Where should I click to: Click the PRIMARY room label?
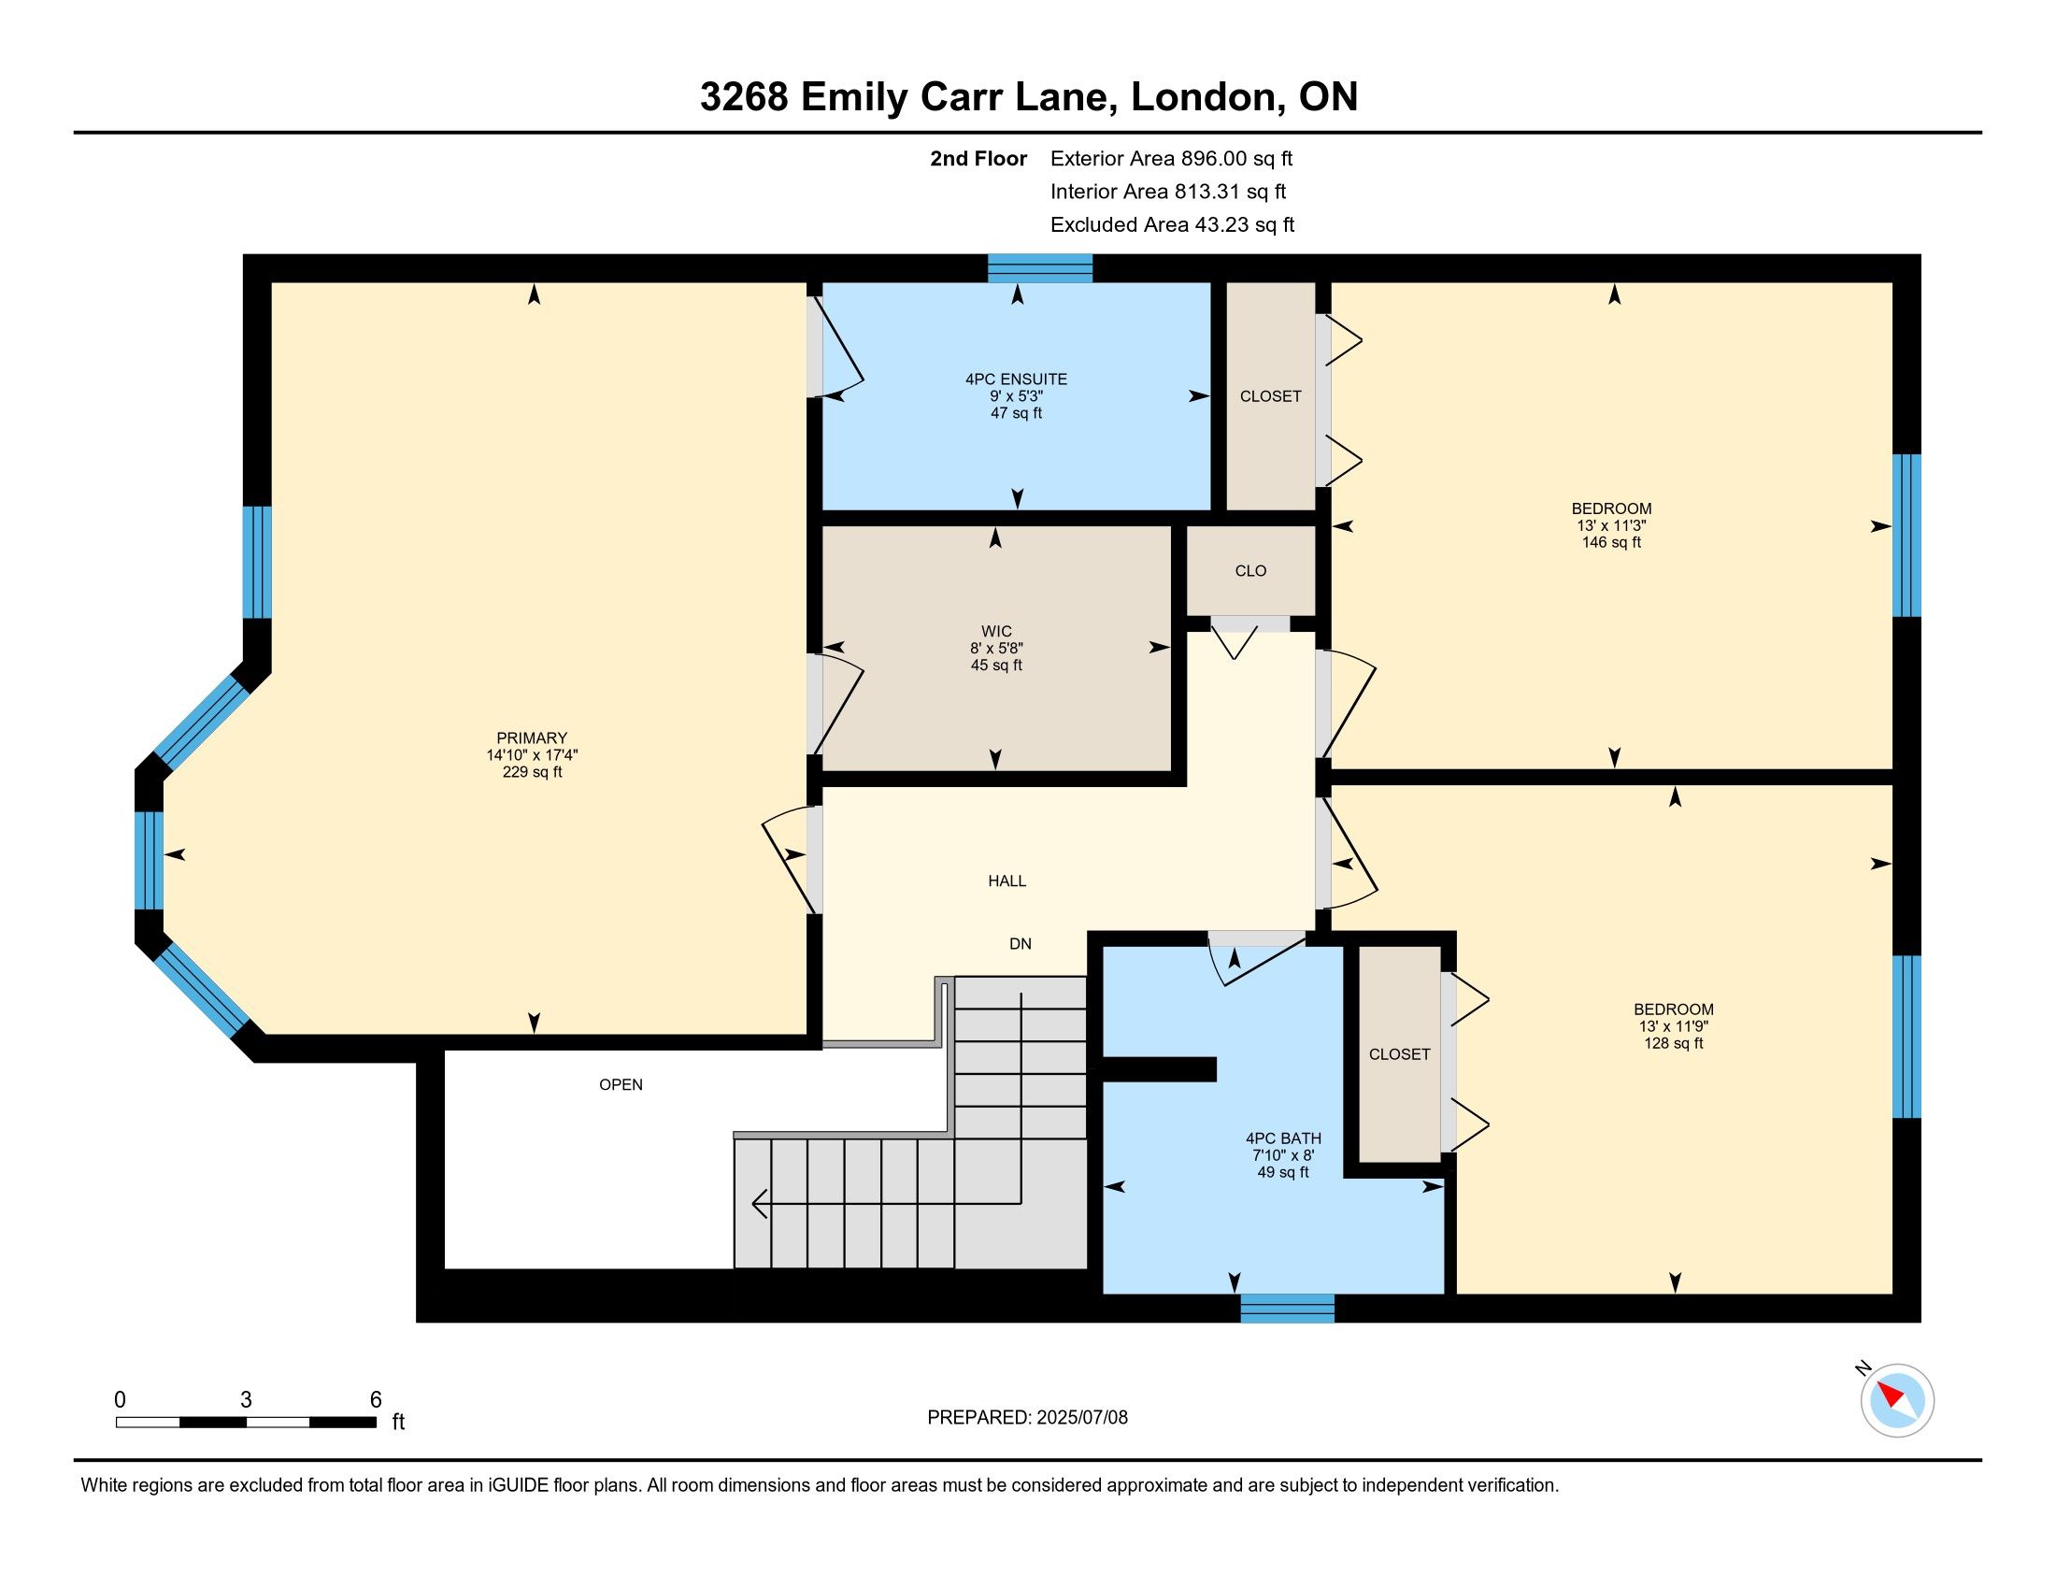532,738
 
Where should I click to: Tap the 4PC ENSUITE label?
1016,379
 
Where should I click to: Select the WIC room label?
996,632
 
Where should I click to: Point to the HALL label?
1007,881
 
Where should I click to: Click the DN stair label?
1021,944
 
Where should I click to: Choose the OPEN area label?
621,1084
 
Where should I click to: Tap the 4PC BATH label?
1283,1138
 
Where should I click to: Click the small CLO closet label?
1250,571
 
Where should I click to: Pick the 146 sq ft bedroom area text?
1612,543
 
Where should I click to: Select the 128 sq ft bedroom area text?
1674,1044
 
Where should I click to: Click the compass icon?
1897,1401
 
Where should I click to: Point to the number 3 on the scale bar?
246,1400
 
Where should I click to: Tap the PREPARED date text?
1027,1418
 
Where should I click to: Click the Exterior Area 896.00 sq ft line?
1171,158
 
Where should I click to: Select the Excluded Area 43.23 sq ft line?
1172,224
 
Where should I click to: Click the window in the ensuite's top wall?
1039,268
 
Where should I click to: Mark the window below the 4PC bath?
1287,1309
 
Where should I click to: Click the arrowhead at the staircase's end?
759,1203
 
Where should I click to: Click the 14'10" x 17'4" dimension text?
532,755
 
